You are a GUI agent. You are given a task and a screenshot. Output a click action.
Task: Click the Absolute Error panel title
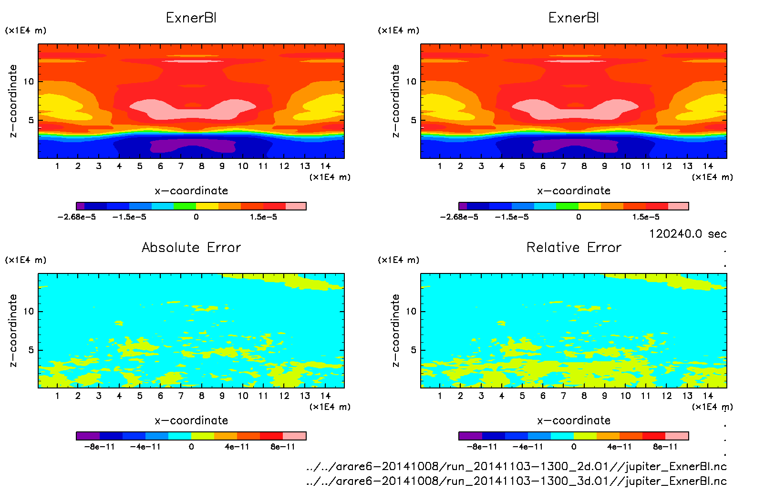191,248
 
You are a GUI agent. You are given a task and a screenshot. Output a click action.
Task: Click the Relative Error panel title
574,248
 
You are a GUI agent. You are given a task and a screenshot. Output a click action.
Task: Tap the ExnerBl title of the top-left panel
191,18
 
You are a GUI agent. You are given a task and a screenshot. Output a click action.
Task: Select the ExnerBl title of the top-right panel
574,18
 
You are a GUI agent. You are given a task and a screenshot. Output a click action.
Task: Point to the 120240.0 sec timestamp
688,234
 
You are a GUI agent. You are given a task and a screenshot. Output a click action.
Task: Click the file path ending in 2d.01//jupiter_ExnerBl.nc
517,466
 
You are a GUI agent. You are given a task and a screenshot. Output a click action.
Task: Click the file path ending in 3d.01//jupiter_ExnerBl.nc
517,481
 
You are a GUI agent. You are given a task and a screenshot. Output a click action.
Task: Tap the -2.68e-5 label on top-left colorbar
77,217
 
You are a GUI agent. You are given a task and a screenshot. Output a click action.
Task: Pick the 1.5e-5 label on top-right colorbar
646,217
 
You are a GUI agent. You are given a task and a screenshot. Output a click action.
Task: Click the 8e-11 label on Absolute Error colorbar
283,447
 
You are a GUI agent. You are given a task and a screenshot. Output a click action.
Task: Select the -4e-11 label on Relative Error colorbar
528,447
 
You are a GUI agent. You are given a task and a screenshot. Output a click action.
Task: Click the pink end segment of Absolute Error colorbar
294,436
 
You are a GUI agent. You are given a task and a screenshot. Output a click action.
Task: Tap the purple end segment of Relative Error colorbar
470,436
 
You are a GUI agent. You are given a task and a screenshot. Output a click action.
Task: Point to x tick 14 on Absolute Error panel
325,396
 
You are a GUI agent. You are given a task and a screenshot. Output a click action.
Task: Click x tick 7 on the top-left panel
181,166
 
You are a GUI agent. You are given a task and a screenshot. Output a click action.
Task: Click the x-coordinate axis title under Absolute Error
191,420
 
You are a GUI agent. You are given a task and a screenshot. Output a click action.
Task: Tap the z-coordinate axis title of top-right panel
395,101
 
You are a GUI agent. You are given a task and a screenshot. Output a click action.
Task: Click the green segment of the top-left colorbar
185,206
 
